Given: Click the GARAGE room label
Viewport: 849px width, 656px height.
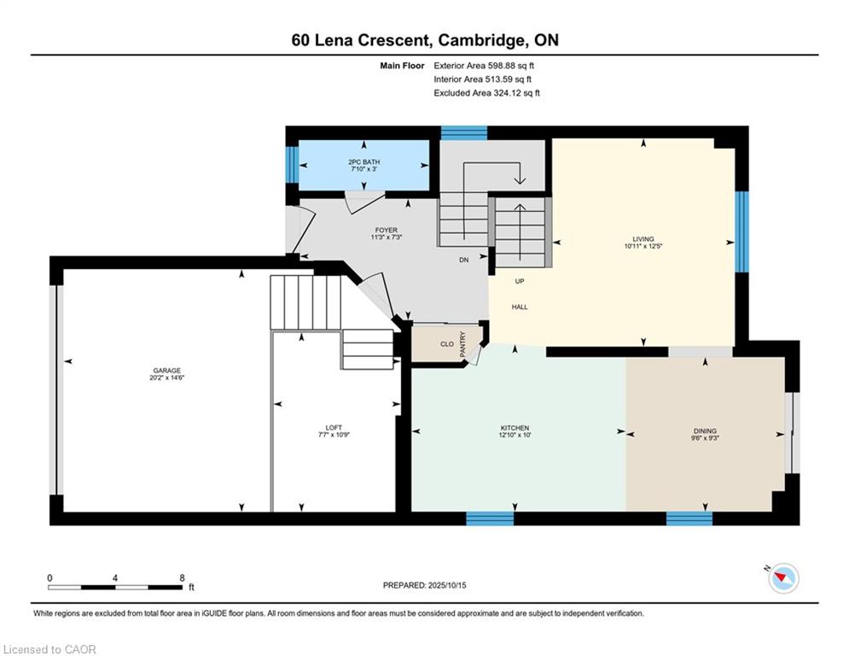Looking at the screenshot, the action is tap(166, 371).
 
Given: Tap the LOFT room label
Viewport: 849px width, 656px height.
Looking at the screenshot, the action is tap(334, 427).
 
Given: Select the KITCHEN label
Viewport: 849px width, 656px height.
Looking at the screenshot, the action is tap(515, 428).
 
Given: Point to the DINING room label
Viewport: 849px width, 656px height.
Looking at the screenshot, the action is tap(705, 431).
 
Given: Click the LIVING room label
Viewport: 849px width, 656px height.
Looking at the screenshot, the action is tap(643, 238).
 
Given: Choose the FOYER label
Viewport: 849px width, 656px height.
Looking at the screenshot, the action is tap(386, 230).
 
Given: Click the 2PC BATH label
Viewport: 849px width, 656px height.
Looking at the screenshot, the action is tap(363, 161).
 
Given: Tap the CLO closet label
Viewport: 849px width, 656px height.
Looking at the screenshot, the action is tap(447, 343).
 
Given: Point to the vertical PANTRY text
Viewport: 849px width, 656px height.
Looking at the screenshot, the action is tap(462, 343).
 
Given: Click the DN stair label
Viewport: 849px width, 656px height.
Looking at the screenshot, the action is tap(464, 260).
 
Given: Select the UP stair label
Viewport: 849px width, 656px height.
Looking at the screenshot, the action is tap(520, 281).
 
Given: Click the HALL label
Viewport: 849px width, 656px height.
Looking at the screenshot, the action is tap(520, 307).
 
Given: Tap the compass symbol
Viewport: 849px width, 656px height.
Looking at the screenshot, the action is tap(783, 578).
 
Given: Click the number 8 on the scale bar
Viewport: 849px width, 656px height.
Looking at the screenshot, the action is tap(182, 578).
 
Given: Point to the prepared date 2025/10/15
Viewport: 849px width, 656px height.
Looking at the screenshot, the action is tap(447, 585).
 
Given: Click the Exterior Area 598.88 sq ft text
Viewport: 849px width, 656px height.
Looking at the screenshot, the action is tap(484, 66).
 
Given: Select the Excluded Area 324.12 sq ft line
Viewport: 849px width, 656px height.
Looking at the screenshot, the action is tap(486, 93).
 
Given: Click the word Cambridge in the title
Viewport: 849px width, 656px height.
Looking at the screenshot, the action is tap(481, 40).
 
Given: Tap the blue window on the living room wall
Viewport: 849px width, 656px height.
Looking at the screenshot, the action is tap(741, 231).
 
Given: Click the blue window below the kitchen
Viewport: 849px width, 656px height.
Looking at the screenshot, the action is tap(490, 518).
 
